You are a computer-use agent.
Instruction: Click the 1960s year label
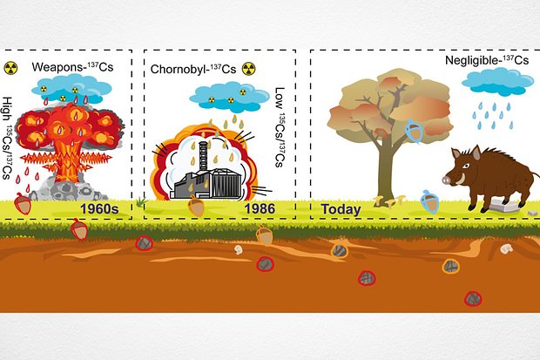99,209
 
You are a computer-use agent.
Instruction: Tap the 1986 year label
260,208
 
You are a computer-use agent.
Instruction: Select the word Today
341,209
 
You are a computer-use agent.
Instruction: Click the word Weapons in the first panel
57,67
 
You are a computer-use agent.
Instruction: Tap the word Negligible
471,60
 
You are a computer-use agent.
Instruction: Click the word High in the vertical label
7,109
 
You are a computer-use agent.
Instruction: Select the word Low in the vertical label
280,98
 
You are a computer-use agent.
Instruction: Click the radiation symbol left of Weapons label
11,68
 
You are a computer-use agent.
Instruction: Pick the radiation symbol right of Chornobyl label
248,69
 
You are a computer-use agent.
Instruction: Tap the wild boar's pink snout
447,180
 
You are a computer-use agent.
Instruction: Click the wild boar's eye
466,166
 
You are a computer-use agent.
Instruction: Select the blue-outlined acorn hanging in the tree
414,131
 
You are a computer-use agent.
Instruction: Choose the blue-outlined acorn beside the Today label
429,201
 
